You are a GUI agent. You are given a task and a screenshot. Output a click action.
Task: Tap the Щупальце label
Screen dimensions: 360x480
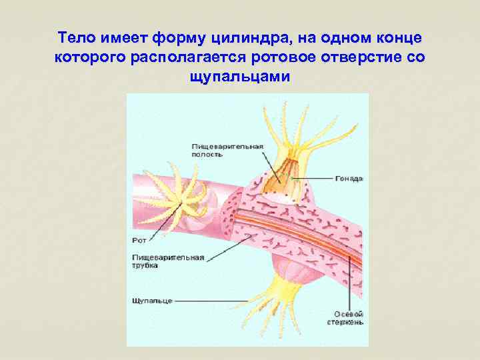tap(151, 301)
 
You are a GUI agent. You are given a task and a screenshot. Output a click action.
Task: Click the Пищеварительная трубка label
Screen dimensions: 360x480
tap(163, 261)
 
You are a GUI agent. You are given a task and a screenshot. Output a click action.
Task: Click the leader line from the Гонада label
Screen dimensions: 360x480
tap(313, 179)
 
